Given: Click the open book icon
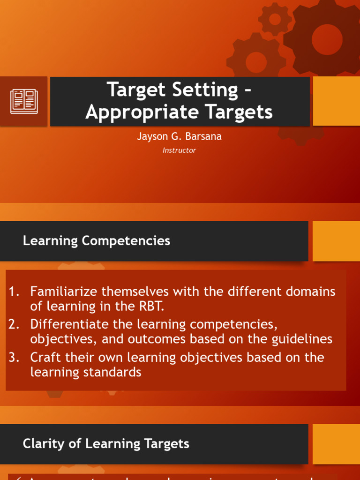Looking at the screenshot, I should click(24, 101).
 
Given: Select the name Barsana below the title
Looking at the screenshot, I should click(204, 137).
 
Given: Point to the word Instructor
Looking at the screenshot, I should click(179, 150).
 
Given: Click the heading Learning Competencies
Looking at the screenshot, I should click(96, 241).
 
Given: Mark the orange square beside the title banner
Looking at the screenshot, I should click(336, 101).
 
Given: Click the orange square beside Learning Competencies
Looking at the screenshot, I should click(336, 241).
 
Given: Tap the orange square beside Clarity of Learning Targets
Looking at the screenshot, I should click(336, 443).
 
